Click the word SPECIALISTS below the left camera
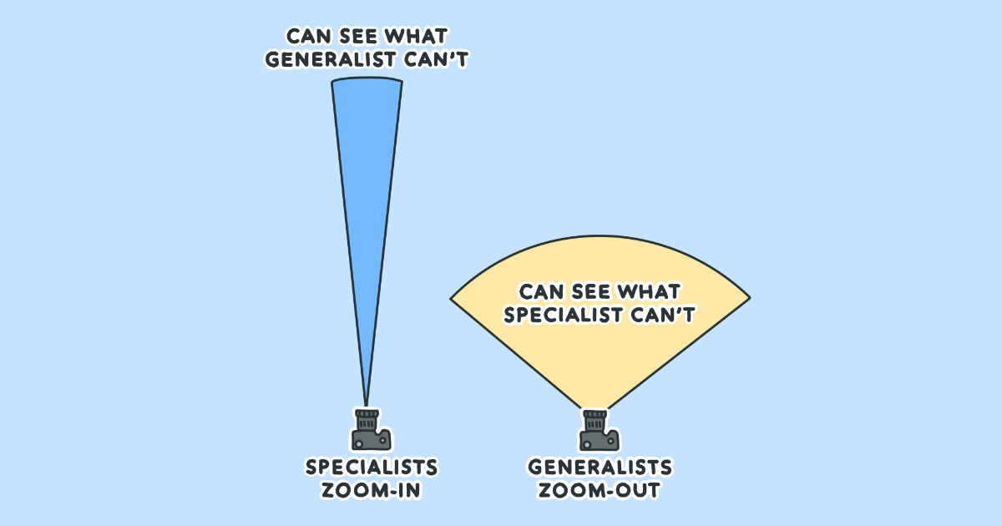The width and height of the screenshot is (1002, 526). coord(372,468)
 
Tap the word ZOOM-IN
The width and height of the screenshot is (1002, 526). coord(372,490)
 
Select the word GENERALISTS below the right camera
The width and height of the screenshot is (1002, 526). coord(600,468)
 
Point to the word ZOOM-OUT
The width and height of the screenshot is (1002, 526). coord(600,490)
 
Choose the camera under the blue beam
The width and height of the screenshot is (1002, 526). coord(372,429)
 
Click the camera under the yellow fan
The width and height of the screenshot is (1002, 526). coord(600,429)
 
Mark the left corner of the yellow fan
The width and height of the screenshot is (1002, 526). coord(450,299)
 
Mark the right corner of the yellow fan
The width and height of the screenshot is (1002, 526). coord(751,297)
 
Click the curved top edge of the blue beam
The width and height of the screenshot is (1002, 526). coord(367,78)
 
